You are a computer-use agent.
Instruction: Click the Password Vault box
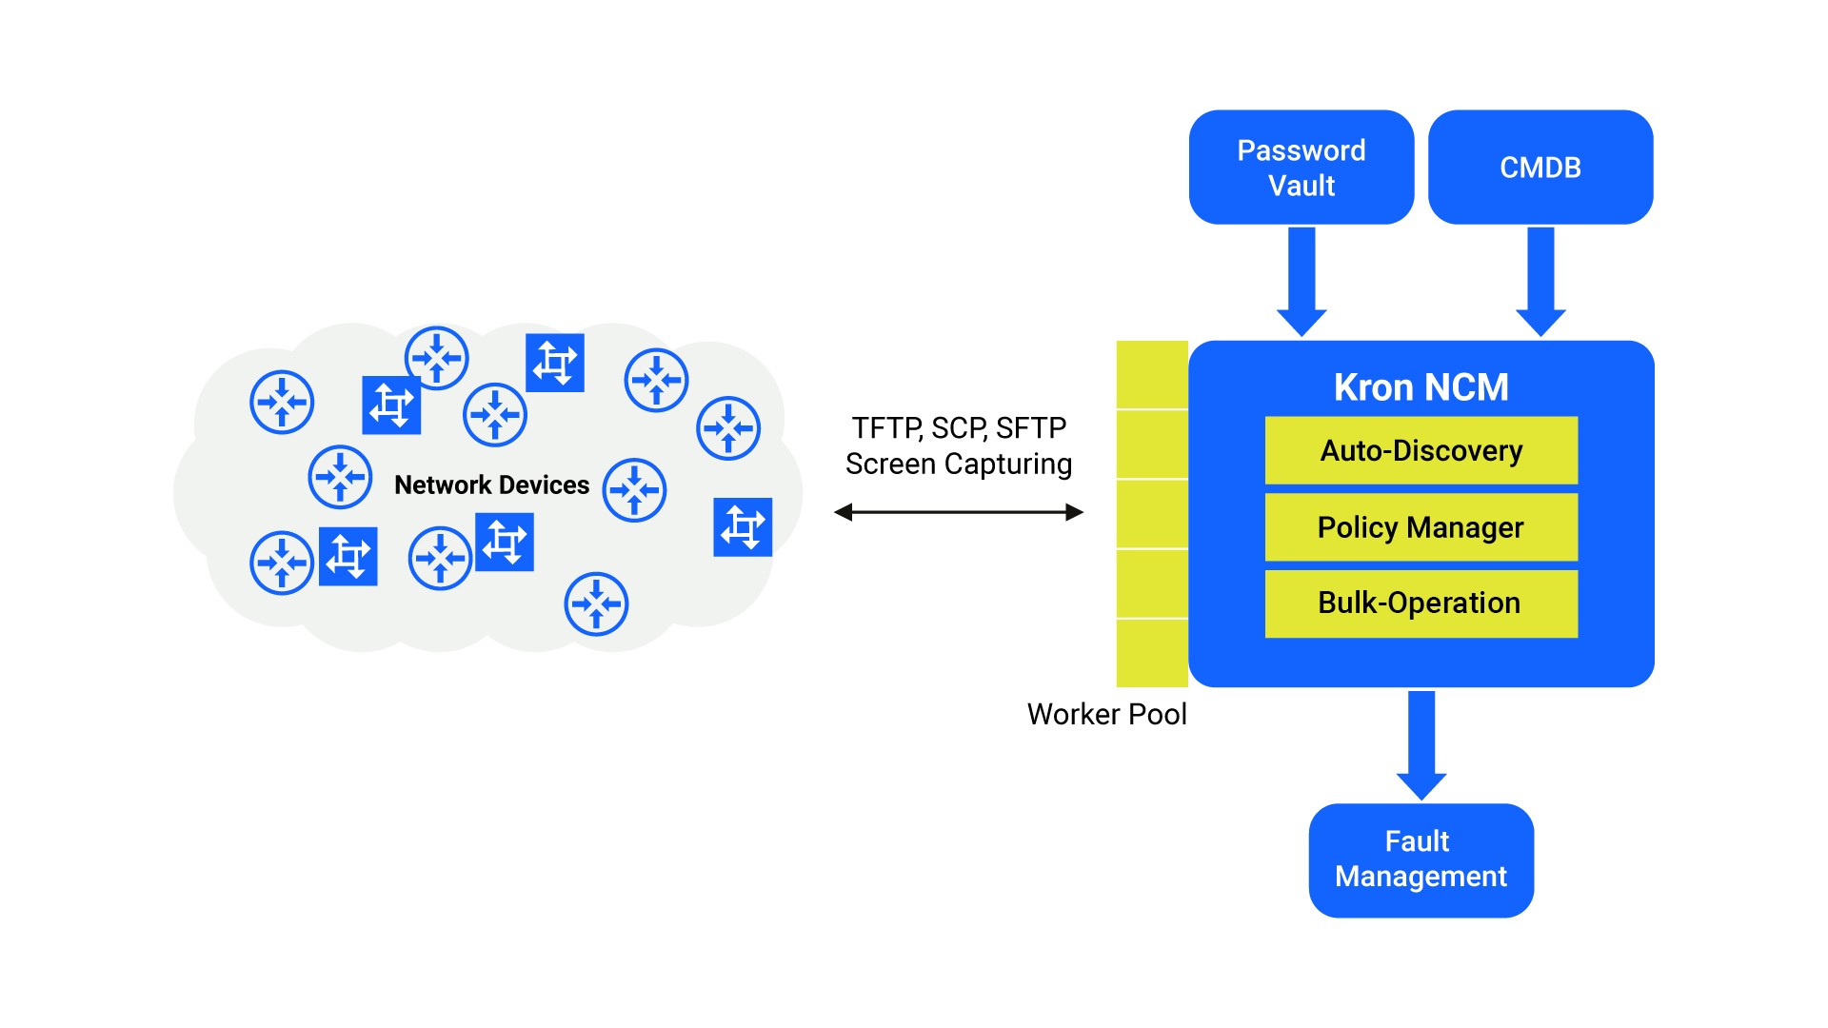(1301, 168)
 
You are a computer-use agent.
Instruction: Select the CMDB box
(1540, 168)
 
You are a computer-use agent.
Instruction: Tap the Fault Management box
(1421, 860)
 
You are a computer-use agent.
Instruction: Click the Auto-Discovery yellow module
(1421, 450)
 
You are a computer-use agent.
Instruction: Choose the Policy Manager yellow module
(1421, 527)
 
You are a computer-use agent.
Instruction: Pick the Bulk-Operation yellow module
(1421, 603)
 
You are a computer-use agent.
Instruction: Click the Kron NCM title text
(1421, 387)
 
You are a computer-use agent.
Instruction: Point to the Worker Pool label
(1106, 714)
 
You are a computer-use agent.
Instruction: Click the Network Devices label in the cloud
(491, 485)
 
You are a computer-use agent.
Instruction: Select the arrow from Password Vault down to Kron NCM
(1301, 281)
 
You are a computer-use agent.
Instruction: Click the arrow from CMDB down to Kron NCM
(1540, 281)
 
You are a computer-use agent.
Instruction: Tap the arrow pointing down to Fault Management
(1421, 744)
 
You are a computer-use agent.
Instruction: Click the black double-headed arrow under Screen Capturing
(959, 512)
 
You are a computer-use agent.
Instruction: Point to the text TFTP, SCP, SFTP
(959, 428)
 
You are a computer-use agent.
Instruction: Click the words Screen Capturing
(959, 465)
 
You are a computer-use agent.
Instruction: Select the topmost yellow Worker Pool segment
(1152, 375)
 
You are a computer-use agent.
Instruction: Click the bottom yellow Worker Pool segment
(1152, 653)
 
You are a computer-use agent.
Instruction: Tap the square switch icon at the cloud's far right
(743, 526)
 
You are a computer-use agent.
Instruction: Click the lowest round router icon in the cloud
(596, 603)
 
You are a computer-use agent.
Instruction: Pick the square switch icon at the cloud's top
(555, 362)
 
